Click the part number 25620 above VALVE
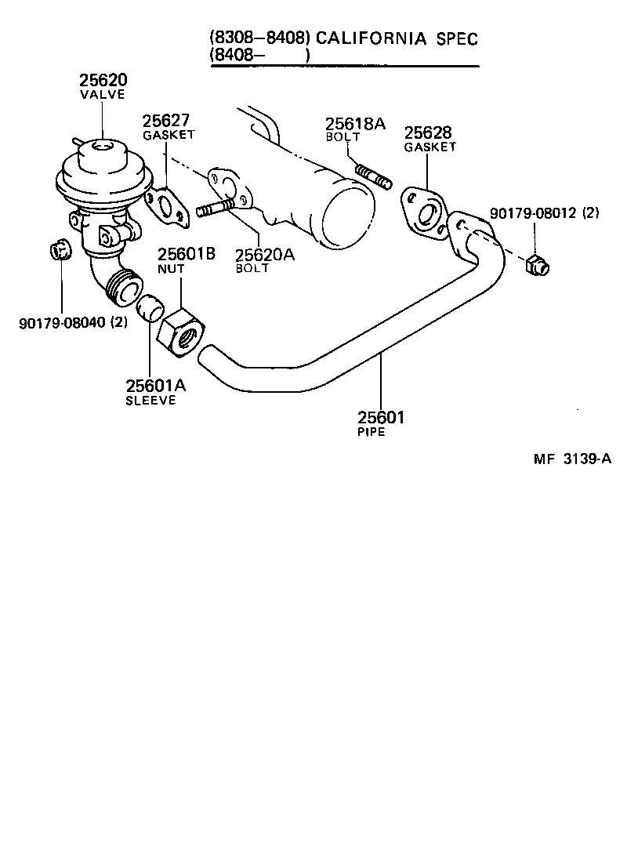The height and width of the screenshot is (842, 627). point(103,81)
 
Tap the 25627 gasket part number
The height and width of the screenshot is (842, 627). point(166,121)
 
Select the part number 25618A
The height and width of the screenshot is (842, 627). point(356,123)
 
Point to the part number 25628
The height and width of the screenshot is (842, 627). point(428,132)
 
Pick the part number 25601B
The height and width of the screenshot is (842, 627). point(187,254)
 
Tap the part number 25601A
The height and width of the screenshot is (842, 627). point(155,386)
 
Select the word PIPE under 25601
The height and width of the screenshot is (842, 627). point(371,432)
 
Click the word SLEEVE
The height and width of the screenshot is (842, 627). point(150,401)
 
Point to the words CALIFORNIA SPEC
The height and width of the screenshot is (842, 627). point(396,38)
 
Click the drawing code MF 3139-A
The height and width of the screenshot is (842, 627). point(572,460)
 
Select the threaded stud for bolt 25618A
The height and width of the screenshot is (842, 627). point(373,177)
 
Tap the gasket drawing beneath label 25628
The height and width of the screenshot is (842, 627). point(424,212)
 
